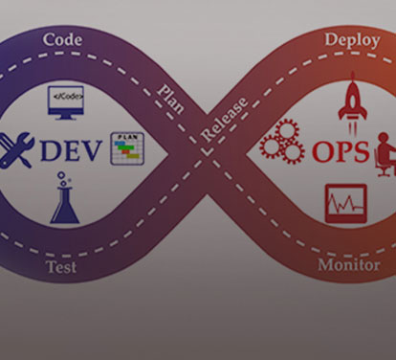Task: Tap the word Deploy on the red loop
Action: click(x=351, y=40)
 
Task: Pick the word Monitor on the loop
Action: click(x=348, y=264)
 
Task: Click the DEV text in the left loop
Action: click(x=71, y=150)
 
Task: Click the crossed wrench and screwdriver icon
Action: click(x=16, y=149)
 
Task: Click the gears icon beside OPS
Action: click(x=282, y=145)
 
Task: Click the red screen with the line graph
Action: click(x=345, y=202)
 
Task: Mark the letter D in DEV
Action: click(x=50, y=150)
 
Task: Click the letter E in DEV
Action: click(x=72, y=150)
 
